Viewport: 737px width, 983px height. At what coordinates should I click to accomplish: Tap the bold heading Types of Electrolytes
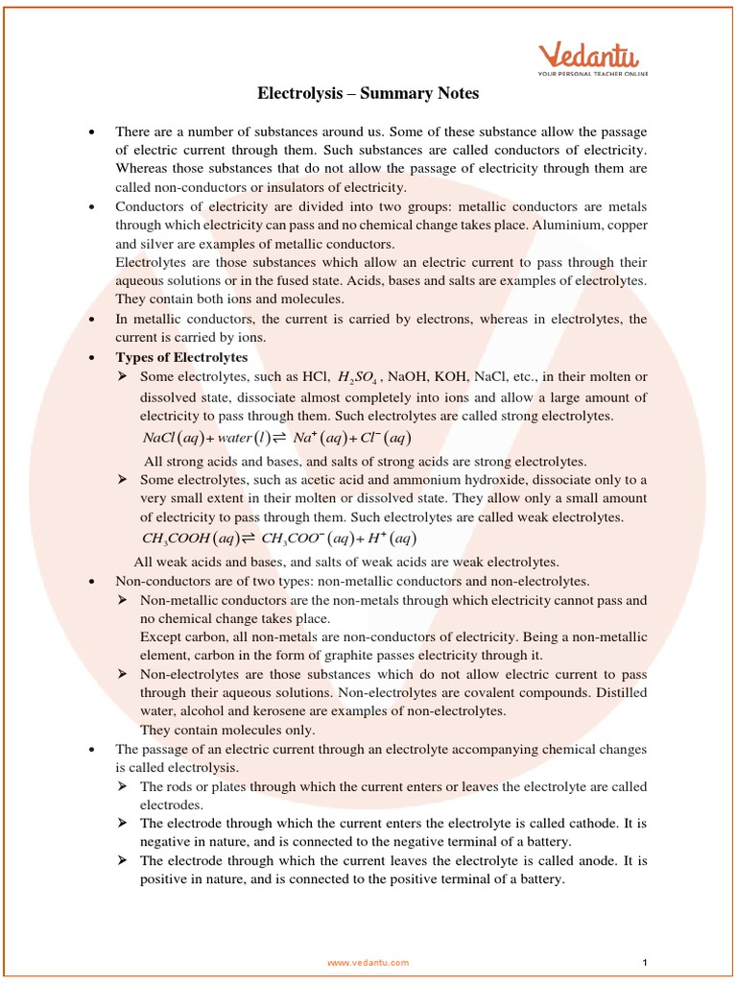pyautogui.click(x=181, y=357)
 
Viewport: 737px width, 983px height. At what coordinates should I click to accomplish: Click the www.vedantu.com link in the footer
pyautogui.click(x=368, y=962)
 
